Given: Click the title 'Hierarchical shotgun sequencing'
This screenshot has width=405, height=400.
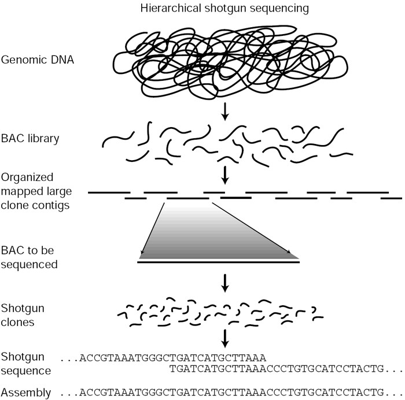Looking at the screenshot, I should click(225, 9).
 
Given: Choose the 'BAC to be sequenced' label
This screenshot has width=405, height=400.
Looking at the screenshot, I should click(30, 258).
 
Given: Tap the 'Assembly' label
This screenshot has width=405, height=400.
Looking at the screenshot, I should click(24, 391).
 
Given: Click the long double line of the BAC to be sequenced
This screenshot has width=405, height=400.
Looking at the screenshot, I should click(219, 262).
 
